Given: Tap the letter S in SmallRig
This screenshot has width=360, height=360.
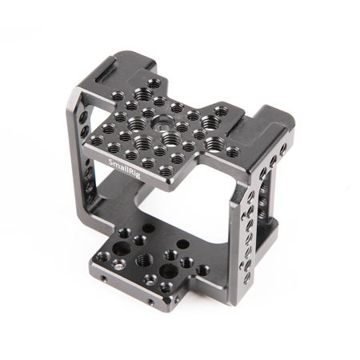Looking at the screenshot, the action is pos(110,162).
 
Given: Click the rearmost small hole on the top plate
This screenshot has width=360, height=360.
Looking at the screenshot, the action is pos(154,85).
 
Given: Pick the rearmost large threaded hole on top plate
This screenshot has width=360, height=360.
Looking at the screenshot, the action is pos(143,94).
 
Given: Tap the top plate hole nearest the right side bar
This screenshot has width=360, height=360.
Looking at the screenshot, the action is pos(233,152).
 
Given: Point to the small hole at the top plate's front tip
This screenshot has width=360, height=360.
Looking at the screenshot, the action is pos(166,170).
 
